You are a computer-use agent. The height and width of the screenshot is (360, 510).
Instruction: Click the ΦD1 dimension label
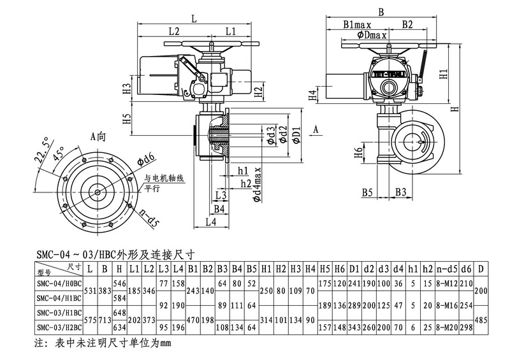point(296,135)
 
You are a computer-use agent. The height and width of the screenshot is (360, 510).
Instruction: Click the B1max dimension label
point(358,25)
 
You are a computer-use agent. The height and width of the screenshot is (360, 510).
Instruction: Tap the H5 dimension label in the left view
point(127,119)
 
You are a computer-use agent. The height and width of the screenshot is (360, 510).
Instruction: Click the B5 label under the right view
point(368,191)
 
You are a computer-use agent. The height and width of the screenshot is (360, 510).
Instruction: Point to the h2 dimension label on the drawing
point(245,184)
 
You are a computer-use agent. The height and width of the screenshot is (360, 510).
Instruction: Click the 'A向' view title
point(98,135)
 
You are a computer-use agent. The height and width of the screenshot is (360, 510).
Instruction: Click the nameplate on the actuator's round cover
point(388,72)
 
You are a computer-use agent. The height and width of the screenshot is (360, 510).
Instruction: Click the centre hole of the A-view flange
point(98,191)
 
